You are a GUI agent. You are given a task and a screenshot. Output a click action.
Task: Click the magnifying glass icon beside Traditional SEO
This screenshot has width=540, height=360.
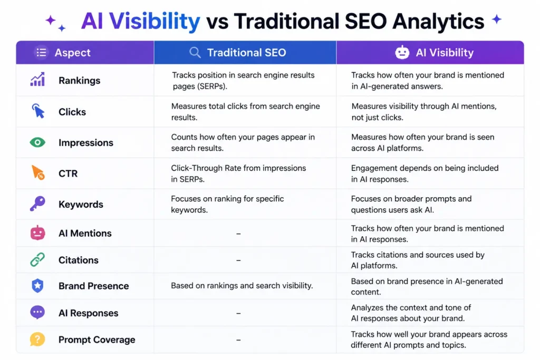click(195, 52)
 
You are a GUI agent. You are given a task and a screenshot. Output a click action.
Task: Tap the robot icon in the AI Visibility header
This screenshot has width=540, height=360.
click(402, 52)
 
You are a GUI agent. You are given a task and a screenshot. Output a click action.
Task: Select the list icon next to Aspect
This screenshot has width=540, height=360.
click(41, 52)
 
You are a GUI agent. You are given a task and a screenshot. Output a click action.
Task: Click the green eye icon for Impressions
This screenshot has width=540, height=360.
click(37, 142)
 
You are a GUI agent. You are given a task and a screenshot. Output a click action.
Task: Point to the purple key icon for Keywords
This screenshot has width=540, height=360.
click(37, 203)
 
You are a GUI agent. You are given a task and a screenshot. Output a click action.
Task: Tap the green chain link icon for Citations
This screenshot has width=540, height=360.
click(37, 259)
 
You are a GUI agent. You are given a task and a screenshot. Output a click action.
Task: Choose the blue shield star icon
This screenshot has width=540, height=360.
click(37, 286)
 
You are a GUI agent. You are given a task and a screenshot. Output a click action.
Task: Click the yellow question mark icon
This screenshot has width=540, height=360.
click(37, 339)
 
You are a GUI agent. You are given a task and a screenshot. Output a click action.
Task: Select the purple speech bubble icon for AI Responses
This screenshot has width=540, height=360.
click(37, 313)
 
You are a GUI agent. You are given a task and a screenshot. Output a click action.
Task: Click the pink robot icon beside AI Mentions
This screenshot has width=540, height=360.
click(37, 232)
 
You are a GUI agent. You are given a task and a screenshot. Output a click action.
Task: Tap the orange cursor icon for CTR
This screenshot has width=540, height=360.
click(38, 172)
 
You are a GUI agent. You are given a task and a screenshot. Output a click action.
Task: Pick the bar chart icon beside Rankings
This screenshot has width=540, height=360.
click(37, 79)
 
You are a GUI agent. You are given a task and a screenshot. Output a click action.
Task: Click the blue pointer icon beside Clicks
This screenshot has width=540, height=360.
click(38, 111)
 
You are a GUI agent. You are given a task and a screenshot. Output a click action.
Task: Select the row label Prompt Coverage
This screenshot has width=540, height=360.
click(97, 339)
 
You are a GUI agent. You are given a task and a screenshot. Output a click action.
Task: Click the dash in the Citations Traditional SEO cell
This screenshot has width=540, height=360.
click(238, 260)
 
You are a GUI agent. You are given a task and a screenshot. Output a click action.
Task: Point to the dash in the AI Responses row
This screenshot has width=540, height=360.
click(238, 313)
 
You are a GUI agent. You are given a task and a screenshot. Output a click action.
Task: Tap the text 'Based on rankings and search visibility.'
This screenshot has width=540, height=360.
click(242, 286)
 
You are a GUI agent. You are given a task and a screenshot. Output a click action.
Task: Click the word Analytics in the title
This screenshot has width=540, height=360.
click(438, 21)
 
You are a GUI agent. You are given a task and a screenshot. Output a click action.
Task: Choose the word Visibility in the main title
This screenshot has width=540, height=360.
click(155, 21)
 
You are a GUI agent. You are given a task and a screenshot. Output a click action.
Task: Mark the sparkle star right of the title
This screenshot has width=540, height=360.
click(497, 20)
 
